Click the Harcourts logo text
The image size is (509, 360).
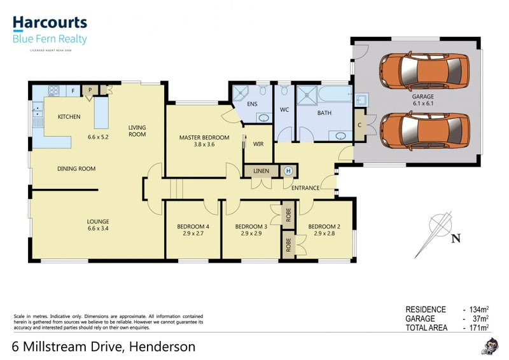50,24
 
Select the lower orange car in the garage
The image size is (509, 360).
423,128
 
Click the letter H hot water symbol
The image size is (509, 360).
288,171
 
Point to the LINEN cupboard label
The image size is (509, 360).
261,171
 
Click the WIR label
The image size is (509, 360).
258,144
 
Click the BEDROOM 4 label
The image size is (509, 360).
193,226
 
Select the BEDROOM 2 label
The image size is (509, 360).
324,226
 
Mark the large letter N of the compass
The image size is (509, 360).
456,239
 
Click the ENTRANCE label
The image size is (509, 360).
305,188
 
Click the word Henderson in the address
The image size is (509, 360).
162,347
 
